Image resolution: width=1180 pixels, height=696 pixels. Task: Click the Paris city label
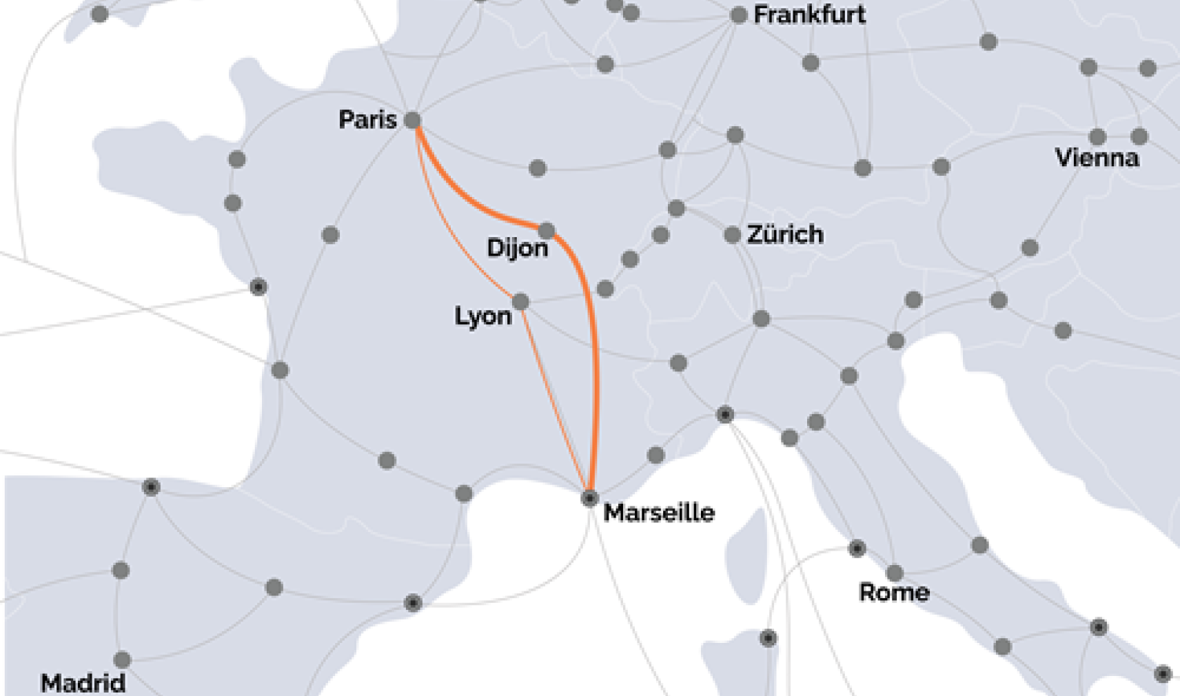pos(367,120)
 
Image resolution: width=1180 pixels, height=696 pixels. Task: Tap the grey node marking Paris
pos(412,120)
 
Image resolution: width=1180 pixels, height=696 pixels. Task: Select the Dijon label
pos(517,248)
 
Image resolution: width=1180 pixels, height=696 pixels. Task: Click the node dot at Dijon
pos(547,230)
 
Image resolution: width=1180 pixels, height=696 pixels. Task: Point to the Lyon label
pos(482,316)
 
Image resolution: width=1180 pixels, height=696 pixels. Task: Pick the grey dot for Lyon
pos(520,302)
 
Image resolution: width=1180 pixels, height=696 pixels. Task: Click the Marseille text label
pos(659,513)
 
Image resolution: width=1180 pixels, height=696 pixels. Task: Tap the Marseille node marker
pos(589,498)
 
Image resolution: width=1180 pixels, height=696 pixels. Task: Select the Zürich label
pos(785,234)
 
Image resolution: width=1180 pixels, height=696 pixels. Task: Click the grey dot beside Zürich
pos(732,235)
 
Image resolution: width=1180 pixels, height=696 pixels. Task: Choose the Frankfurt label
pos(809,14)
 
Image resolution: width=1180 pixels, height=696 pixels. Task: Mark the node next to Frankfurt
pos(738,15)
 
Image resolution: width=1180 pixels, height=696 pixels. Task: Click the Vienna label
pos(1097,158)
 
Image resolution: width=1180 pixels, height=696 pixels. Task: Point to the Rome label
pos(894,592)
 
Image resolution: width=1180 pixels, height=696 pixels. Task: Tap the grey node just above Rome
pos(895,573)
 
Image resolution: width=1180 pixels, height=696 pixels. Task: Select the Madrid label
pos(83,683)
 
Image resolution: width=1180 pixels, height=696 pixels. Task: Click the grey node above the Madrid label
pos(122,659)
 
